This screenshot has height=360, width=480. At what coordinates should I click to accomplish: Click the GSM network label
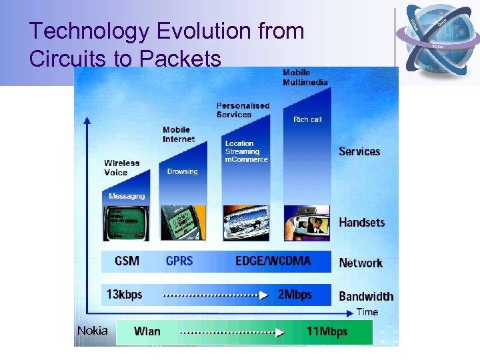point(127,261)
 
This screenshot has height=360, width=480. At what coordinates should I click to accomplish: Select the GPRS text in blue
point(179,261)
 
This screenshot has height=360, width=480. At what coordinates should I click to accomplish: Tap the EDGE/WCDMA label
point(273,261)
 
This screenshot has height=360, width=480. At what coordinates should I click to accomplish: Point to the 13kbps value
point(125,294)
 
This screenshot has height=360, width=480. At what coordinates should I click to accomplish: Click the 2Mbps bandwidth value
point(295,294)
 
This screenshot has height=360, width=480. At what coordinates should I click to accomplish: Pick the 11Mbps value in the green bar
point(327,331)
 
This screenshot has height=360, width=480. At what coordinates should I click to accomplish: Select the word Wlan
point(147,331)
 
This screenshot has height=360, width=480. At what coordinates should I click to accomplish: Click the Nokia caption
point(92,330)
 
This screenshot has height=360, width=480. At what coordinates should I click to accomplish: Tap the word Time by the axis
point(367,312)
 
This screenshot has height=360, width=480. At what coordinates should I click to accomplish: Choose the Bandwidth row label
point(366,296)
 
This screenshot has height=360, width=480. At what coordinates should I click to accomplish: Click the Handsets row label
point(362,223)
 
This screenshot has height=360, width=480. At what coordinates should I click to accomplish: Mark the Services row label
point(359,151)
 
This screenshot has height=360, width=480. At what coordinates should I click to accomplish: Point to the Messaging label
point(127,196)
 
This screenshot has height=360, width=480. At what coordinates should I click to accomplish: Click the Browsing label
point(183,171)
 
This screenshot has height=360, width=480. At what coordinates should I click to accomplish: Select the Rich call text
point(307,119)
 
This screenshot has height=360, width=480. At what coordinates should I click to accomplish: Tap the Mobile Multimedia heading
point(305,77)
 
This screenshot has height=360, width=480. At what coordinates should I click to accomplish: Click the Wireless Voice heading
point(122,167)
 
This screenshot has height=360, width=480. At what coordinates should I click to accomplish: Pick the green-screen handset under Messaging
point(126,223)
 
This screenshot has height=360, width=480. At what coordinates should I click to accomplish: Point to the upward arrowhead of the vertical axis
point(87,121)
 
